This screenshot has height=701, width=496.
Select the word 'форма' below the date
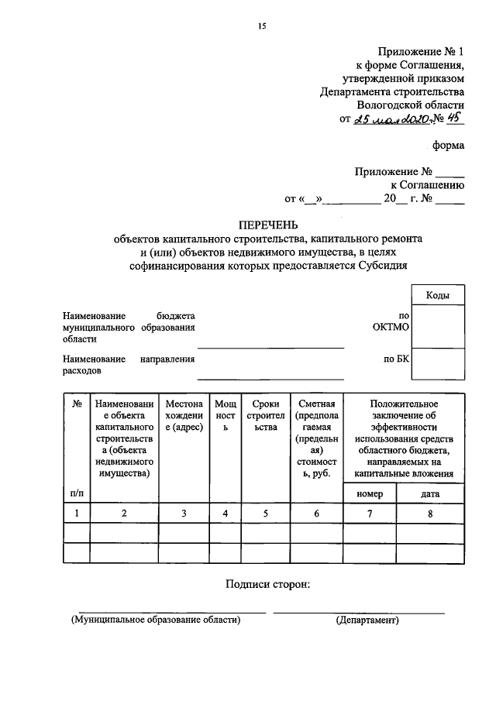click(449, 145)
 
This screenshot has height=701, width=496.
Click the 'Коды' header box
click(438, 295)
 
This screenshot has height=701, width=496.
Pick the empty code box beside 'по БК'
click(438, 361)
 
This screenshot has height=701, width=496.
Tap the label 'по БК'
click(396, 359)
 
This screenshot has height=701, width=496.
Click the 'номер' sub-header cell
click(370, 493)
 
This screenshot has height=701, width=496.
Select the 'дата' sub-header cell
click(430, 493)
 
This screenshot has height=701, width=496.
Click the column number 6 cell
click(315, 514)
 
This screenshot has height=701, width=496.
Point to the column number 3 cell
click(184, 514)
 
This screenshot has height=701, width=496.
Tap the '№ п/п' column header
click(77, 448)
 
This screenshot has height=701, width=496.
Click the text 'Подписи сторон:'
click(268, 584)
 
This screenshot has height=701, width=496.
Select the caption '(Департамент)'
click(367, 620)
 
